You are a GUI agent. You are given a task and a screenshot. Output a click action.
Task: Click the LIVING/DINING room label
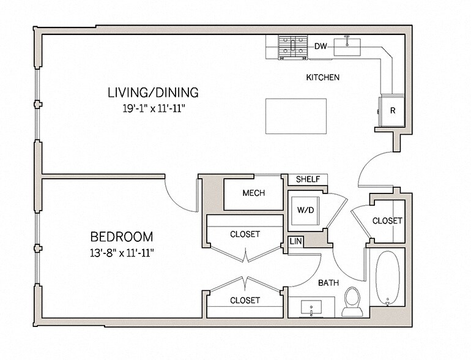pos(153,93)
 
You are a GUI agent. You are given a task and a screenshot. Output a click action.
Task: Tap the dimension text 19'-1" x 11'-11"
pos(153,108)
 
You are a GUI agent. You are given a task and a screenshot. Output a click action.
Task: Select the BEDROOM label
pos(122,236)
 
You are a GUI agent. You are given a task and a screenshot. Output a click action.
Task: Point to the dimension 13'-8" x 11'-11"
pos(122,252)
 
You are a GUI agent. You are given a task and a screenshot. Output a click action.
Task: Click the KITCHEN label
pos(322,78)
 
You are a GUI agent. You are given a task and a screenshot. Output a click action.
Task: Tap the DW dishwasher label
pos(320,47)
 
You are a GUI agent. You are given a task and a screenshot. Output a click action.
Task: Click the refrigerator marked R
pos(393,111)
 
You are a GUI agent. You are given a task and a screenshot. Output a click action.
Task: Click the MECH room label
pos(253,193)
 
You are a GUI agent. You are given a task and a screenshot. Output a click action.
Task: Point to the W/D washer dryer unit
pos(305,210)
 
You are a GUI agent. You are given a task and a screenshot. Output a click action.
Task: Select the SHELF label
pos(308,179)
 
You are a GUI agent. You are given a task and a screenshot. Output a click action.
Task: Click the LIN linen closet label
pos(295,241)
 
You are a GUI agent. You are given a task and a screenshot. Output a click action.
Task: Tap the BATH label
pos(328,283)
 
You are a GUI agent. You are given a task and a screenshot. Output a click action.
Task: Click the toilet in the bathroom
pos(352,301)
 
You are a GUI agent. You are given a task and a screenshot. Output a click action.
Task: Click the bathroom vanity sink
pos(311,307)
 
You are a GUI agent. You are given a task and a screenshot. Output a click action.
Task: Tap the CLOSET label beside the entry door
pos(387,220)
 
